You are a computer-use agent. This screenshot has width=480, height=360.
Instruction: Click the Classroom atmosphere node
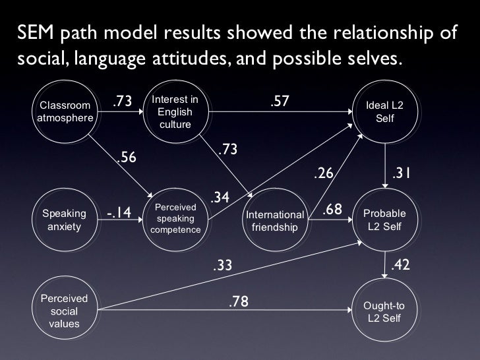pyautogui.click(x=65, y=111)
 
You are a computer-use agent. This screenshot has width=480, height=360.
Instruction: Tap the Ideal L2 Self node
pyautogui.click(x=384, y=112)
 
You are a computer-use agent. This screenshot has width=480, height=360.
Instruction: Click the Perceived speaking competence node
pyautogui.click(x=175, y=219)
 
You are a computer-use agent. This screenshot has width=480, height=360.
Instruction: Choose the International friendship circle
pyautogui.click(x=276, y=221)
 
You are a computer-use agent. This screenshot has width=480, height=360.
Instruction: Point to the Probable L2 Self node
pyautogui.click(x=384, y=221)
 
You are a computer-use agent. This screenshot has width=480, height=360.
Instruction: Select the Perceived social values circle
pyautogui.click(x=65, y=310)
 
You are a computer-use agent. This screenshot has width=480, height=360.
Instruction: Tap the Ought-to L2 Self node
pyautogui.click(x=384, y=311)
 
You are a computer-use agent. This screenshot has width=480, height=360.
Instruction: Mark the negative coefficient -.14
pyautogui.click(x=119, y=212)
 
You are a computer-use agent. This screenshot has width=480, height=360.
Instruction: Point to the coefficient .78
pyautogui.click(x=239, y=301)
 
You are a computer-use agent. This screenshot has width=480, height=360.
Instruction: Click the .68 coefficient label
pyautogui.click(x=332, y=209)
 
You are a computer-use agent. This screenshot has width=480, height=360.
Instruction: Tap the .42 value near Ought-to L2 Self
pyautogui.click(x=402, y=265)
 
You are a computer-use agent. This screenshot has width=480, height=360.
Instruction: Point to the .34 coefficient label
pyautogui.click(x=220, y=198)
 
